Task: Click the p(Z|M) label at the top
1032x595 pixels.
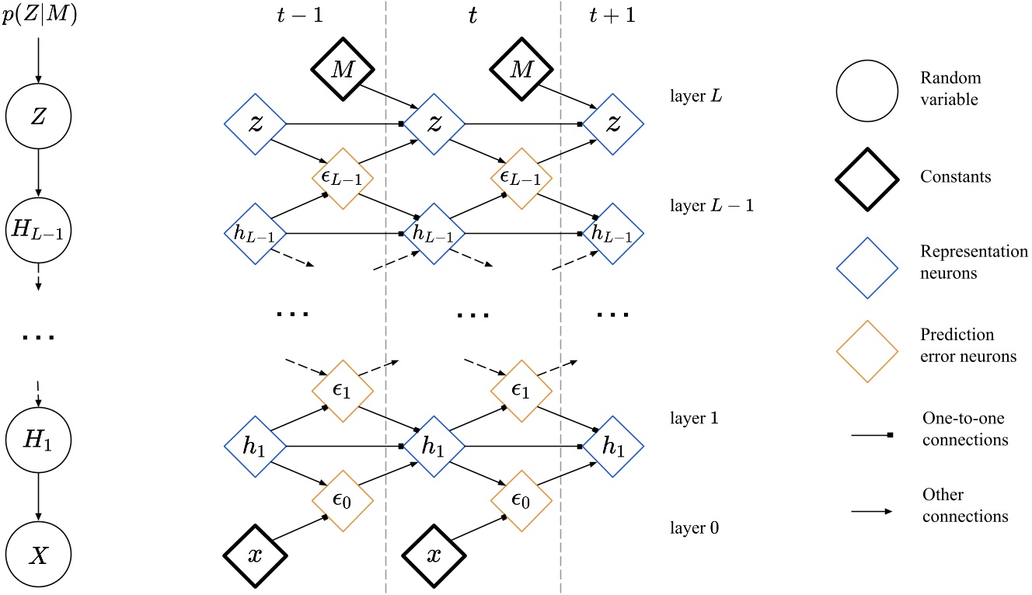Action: point(39,16)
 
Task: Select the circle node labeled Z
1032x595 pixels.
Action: point(39,117)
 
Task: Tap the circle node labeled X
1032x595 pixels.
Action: point(39,555)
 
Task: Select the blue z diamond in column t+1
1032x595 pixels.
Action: point(613,123)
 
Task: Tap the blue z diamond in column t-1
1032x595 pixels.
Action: point(256,123)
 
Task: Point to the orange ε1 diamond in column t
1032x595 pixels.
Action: point(521,391)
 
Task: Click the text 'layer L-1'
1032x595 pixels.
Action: point(700,206)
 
